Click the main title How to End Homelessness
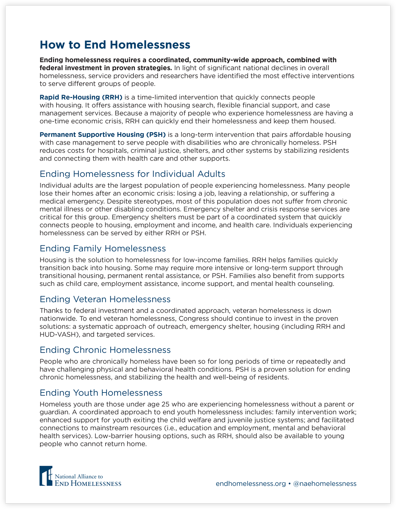115,45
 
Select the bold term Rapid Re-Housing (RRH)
81,97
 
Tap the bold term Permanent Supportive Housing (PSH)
102,135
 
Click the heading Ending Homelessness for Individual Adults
132,174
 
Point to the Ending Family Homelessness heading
103,248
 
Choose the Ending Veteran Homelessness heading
105,299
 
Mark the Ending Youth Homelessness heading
101,393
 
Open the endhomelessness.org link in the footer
251,483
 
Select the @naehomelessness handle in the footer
325,483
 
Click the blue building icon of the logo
46,476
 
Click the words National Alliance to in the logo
79,477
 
